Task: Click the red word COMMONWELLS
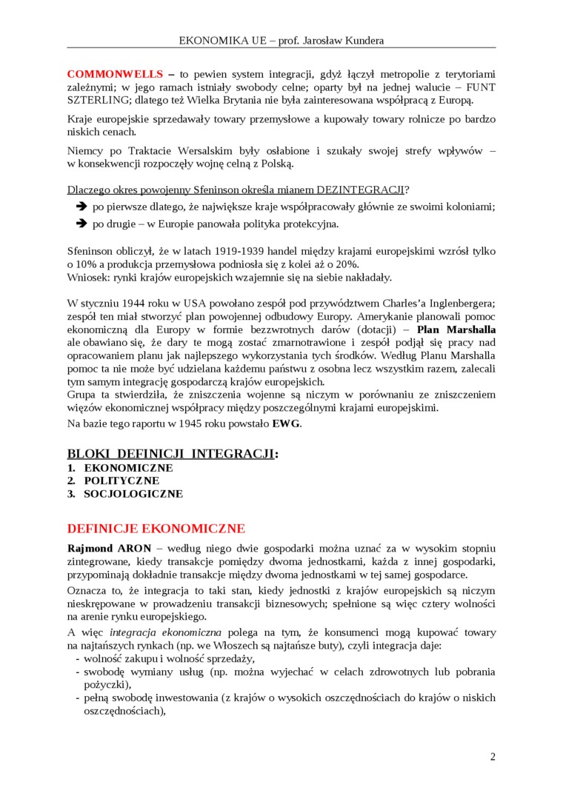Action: click(115, 74)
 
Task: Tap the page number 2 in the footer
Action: click(493, 756)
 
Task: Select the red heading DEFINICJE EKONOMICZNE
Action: click(156, 528)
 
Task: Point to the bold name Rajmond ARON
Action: click(109, 548)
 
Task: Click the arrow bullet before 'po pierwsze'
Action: click(81, 207)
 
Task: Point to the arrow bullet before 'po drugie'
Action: click(81, 224)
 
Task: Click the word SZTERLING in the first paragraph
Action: click(93, 100)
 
